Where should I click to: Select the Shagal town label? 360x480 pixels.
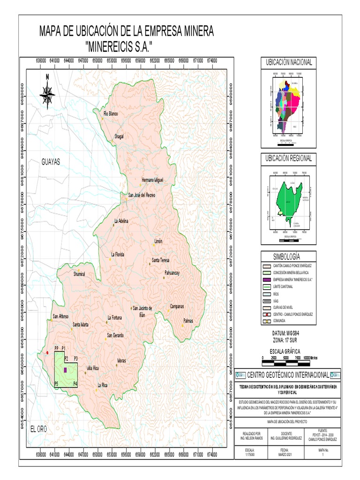(x=119, y=136)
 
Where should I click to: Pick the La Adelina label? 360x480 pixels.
(x=121, y=220)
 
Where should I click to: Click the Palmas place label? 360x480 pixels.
(x=188, y=322)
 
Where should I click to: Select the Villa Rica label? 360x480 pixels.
(x=93, y=368)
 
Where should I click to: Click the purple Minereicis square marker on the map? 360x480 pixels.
(x=65, y=370)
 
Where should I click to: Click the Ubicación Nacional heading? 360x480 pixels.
(x=289, y=62)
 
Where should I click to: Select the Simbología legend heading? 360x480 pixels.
(x=289, y=256)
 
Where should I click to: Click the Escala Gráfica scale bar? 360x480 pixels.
(x=285, y=358)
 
